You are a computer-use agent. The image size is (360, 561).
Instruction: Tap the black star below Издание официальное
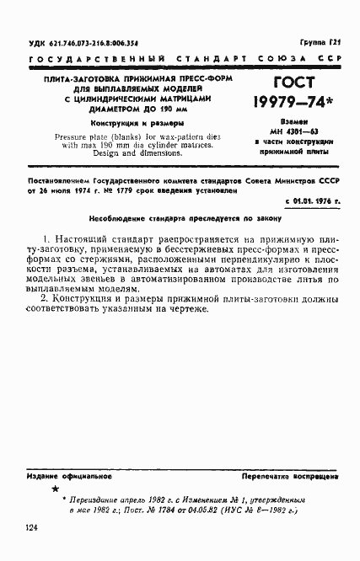[56, 489]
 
